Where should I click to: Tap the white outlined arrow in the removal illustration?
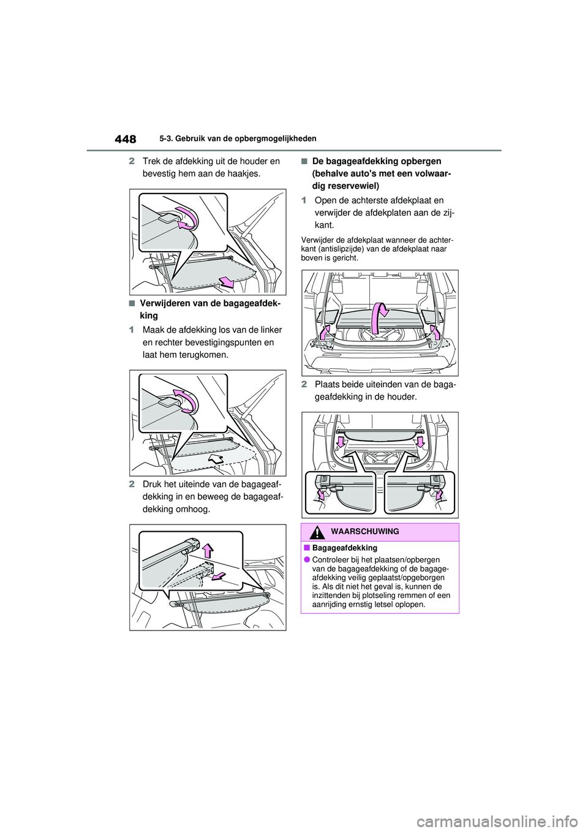216,458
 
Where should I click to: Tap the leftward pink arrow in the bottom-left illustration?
218,575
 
